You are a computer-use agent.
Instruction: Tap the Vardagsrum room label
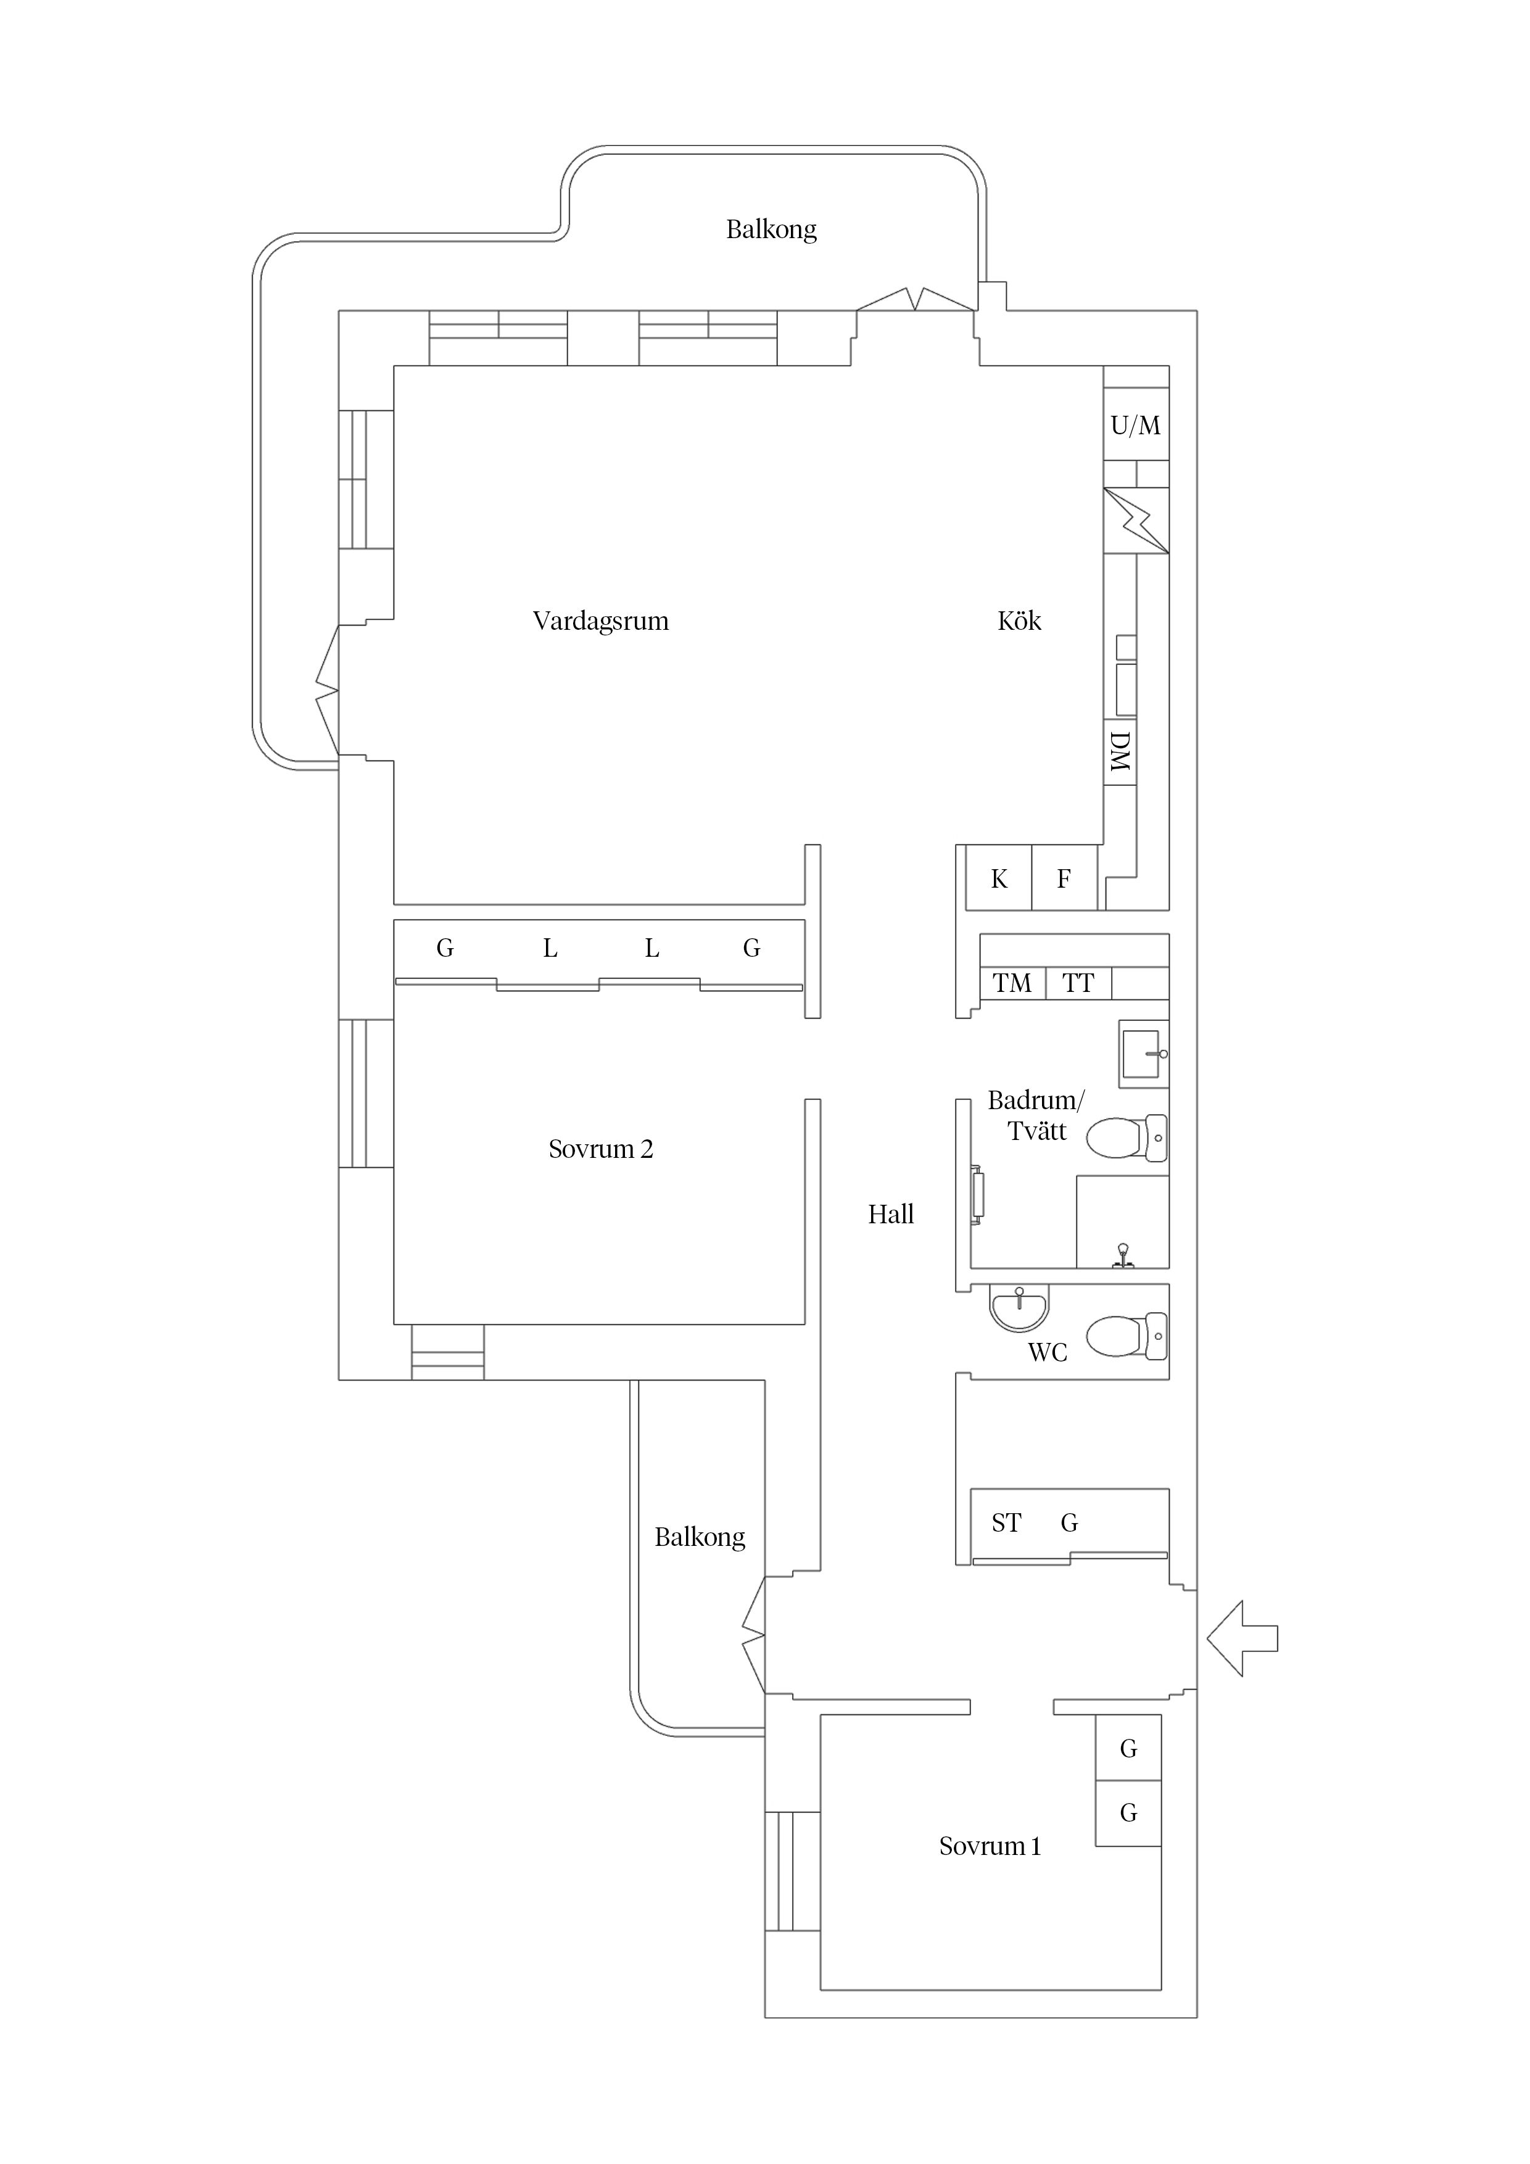point(600,621)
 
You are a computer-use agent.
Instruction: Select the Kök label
point(1019,621)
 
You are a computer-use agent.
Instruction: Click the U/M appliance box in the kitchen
point(1136,425)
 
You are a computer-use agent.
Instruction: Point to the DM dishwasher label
point(1120,752)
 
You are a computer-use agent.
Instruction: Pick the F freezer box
point(1064,877)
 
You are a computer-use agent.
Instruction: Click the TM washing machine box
point(1012,983)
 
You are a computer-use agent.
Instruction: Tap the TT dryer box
point(1078,983)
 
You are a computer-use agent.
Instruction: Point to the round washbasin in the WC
point(1019,1307)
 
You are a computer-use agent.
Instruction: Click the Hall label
point(891,1214)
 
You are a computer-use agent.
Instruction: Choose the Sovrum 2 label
point(600,1149)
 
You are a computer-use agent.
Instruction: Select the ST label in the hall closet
point(1006,1522)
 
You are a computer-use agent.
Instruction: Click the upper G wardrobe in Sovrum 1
point(1128,1748)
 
